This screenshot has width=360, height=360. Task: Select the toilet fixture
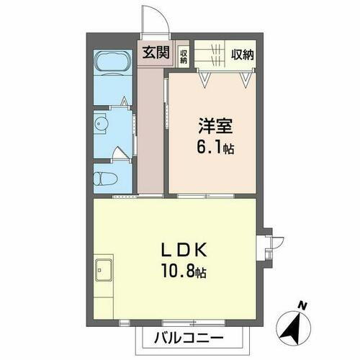(x=104, y=176)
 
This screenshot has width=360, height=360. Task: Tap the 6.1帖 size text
(x=215, y=150)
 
